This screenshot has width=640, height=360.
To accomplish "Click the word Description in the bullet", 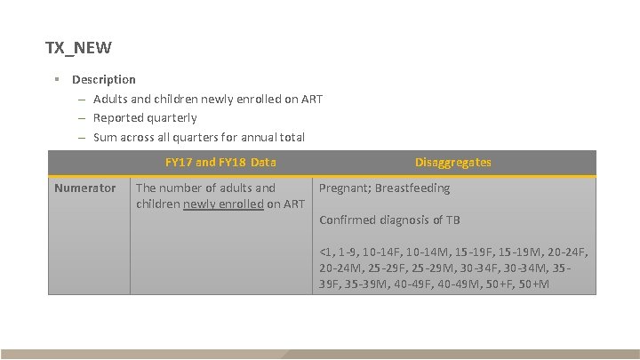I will (x=104, y=79).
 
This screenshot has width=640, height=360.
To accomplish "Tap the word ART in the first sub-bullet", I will (x=311, y=99).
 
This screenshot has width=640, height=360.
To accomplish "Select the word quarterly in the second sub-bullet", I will (x=171, y=117).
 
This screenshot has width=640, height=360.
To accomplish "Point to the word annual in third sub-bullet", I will (x=244, y=137).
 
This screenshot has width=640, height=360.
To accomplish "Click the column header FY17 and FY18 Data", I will (x=220, y=163).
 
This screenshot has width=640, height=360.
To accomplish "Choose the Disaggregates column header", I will (x=452, y=163).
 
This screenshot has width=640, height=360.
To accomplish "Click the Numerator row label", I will (x=85, y=188).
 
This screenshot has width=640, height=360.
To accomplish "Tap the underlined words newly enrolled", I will (x=232, y=204).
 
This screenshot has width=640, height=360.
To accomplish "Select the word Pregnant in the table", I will (x=344, y=188).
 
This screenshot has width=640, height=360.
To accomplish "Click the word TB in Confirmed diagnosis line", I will (x=453, y=220).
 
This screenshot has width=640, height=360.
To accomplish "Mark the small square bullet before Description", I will (x=55, y=79).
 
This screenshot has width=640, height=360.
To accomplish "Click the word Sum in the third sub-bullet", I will (x=105, y=137).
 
